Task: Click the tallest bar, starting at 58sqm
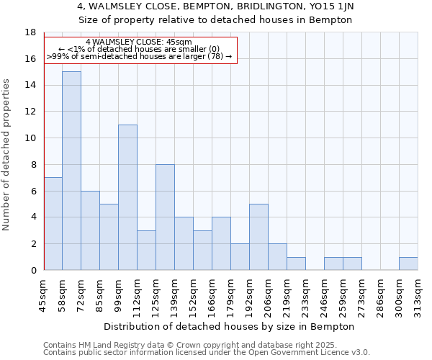click(x=71, y=171)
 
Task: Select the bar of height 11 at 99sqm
click(x=127, y=197)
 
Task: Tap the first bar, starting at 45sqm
click(x=53, y=224)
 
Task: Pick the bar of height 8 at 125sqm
click(x=165, y=217)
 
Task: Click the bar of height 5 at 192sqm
click(x=258, y=237)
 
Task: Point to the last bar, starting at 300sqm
click(x=408, y=264)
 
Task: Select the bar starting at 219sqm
click(x=296, y=264)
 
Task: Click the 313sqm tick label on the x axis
click(x=418, y=296)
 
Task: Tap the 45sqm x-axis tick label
click(x=44, y=296)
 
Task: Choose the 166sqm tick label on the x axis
click(x=212, y=296)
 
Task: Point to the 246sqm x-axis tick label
click(x=325, y=296)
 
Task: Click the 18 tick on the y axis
click(x=30, y=32)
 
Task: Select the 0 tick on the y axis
click(x=32, y=270)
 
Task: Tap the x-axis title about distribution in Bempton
click(x=230, y=326)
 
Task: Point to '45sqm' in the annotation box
click(x=179, y=42)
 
